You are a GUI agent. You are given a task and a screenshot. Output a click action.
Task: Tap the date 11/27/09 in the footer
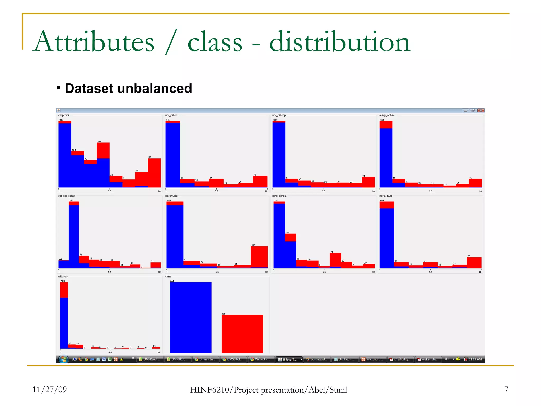[x=49, y=389]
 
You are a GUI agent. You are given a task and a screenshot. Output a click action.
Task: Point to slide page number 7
[x=506, y=389]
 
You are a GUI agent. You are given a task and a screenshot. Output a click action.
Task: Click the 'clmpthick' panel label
[x=64, y=115]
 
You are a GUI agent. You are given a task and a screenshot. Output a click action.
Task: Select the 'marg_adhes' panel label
[x=387, y=115]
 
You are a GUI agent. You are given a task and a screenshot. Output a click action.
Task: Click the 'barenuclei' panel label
[x=172, y=196]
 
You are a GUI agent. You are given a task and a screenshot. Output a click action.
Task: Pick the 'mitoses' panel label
[x=63, y=276]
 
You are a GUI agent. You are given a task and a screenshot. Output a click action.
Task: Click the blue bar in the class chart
[x=191, y=317]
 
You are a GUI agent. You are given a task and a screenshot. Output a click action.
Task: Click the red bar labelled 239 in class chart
[x=242, y=334]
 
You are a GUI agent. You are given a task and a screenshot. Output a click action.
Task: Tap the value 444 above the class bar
[x=172, y=281]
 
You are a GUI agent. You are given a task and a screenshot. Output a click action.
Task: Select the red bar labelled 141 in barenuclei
[x=259, y=257]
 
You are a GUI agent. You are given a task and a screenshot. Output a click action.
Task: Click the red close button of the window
[x=481, y=110]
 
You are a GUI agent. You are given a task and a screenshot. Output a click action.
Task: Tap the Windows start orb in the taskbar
[x=63, y=359]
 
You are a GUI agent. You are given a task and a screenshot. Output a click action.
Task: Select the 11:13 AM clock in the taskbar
[x=475, y=359]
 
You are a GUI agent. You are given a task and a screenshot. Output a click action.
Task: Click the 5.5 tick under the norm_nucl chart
[x=430, y=272]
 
